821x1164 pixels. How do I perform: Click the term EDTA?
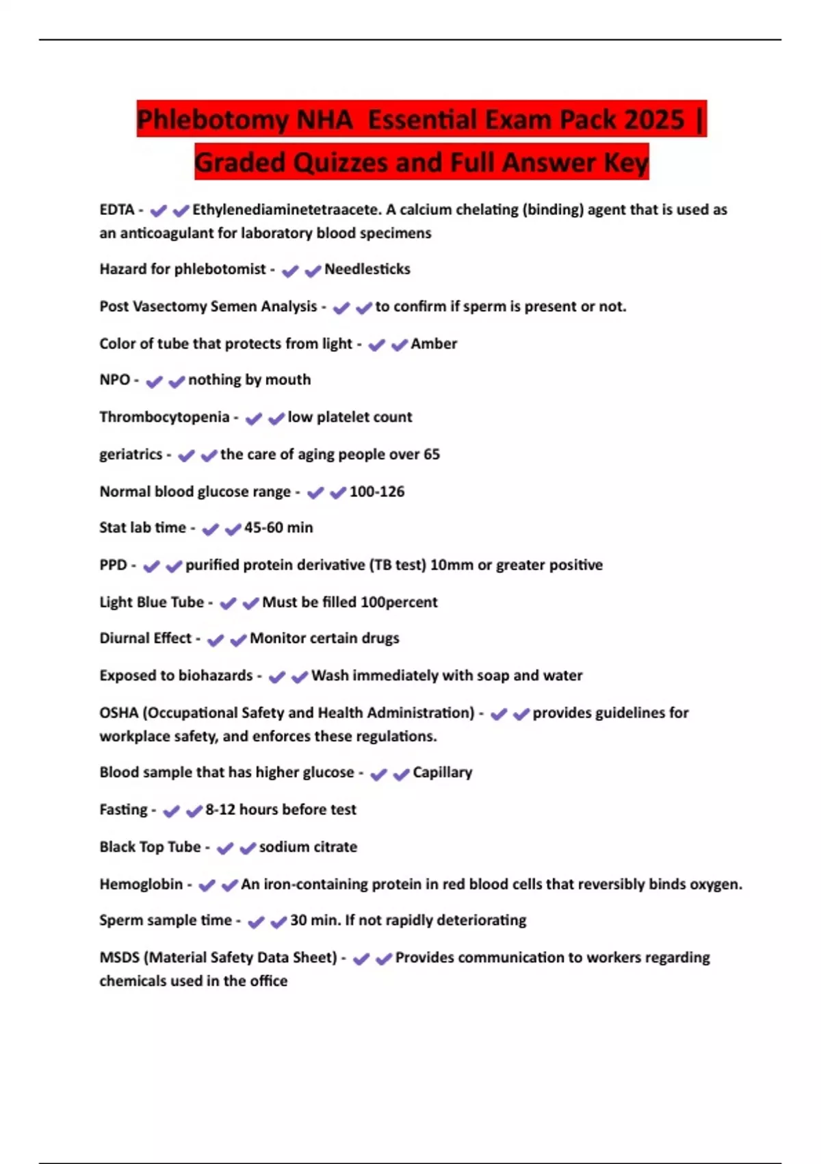(x=116, y=210)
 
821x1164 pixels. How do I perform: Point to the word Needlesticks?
(x=367, y=269)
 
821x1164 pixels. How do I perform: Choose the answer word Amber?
(x=434, y=344)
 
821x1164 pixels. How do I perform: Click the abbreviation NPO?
(x=114, y=380)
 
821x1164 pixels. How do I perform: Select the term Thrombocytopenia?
(x=164, y=417)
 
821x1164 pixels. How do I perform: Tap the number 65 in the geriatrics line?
(x=431, y=455)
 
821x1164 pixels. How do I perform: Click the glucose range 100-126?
(x=377, y=492)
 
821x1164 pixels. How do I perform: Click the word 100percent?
(x=399, y=603)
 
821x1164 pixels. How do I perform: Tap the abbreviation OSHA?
(x=119, y=713)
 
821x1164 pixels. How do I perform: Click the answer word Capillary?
(x=442, y=772)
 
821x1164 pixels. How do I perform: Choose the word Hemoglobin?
(x=141, y=884)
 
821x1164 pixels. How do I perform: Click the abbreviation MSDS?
(x=119, y=957)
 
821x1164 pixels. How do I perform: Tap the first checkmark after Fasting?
(x=171, y=811)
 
